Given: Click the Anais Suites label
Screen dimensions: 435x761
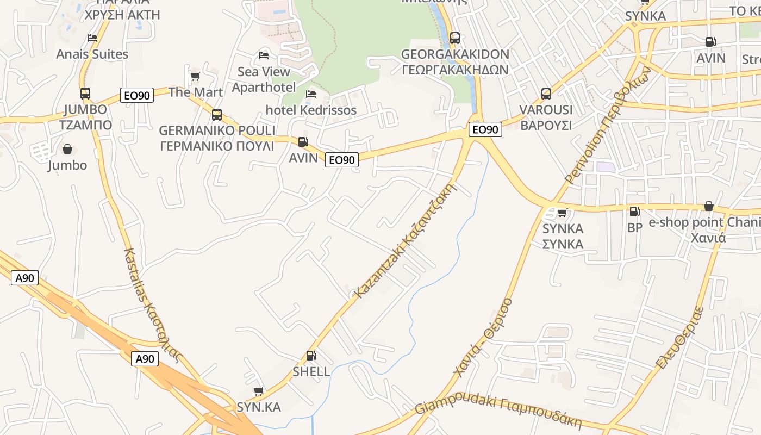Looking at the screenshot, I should pyautogui.click(x=92, y=54).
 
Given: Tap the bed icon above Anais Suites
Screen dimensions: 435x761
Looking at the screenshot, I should pyautogui.click(x=92, y=38).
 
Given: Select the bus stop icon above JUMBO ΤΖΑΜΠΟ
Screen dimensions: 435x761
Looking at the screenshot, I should pyautogui.click(x=85, y=94).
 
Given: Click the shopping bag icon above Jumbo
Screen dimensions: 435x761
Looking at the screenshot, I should pyautogui.click(x=67, y=149).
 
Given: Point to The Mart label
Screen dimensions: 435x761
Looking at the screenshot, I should pyautogui.click(x=196, y=92).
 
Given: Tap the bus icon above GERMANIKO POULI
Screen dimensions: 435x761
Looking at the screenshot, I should pyautogui.click(x=217, y=115).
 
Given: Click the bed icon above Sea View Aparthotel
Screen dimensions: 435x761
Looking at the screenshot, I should pyautogui.click(x=264, y=55).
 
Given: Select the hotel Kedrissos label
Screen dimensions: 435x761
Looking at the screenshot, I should pyautogui.click(x=311, y=110).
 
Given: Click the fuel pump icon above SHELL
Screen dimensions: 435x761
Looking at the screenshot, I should pyautogui.click(x=311, y=356).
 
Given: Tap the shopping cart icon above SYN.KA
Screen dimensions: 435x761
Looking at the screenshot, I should pyautogui.click(x=259, y=391).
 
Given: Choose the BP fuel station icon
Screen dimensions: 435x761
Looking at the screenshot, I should pyautogui.click(x=634, y=212).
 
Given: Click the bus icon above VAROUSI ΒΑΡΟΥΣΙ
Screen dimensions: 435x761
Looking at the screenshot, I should pyautogui.click(x=546, y=94).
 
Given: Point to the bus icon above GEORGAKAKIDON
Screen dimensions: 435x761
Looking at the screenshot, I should pyautogui.click(x=455, y=38).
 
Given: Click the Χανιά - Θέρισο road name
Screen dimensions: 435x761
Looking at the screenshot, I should pyautogui.click(x=483, y=337).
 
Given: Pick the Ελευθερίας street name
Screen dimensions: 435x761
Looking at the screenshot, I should pyautogui.click(x=681, y=337).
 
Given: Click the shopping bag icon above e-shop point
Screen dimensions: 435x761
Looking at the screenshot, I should pyautogui.click(x=708, y=206).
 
